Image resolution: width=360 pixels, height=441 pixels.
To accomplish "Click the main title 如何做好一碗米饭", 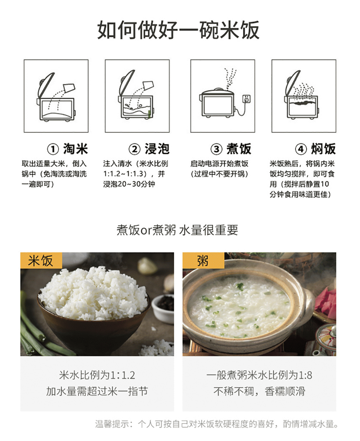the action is (x=178, y=30).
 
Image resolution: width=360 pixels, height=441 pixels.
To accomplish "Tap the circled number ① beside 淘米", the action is (x=53, y=149).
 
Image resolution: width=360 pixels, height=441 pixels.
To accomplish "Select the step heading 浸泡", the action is (x=157, y=149).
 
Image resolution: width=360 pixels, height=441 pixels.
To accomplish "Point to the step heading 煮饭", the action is (x=239, y=149).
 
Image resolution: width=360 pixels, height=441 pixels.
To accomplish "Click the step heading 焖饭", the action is (x=323, y=149).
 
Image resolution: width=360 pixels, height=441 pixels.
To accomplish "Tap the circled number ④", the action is (x=301, y=149).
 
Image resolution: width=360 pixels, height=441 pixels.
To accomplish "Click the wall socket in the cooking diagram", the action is (x=247, y=99).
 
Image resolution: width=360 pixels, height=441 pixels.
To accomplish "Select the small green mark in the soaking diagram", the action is (x=150, y=114).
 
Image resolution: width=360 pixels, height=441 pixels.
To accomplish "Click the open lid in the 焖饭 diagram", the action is (x=293, y=84).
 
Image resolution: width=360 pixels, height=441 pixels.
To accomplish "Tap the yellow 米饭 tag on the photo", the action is (x=41, y=261).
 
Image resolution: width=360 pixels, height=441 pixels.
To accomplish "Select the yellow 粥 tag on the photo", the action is (x=203, y=261).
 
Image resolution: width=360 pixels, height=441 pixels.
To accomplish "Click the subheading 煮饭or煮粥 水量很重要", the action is (x=177, y=230).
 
